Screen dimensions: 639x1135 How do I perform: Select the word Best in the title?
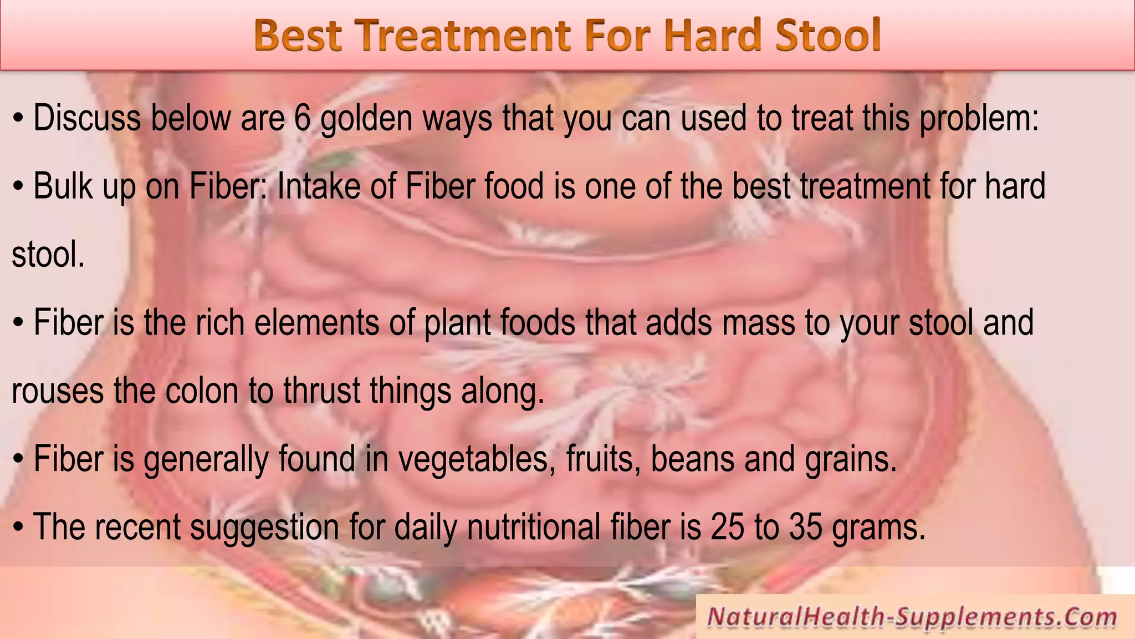[297, 35]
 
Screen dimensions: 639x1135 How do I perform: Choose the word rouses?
[58, 391]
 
